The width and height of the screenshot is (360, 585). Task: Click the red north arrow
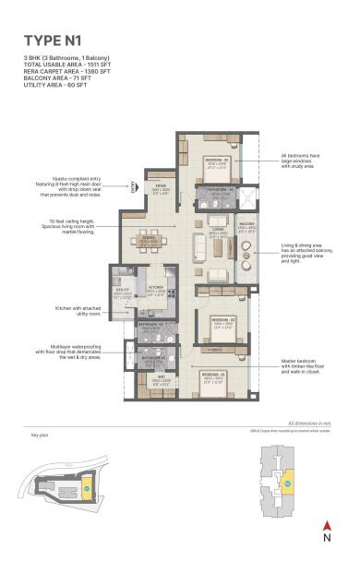click(326, 527)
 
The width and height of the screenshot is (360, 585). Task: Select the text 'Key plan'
click(40, 434)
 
